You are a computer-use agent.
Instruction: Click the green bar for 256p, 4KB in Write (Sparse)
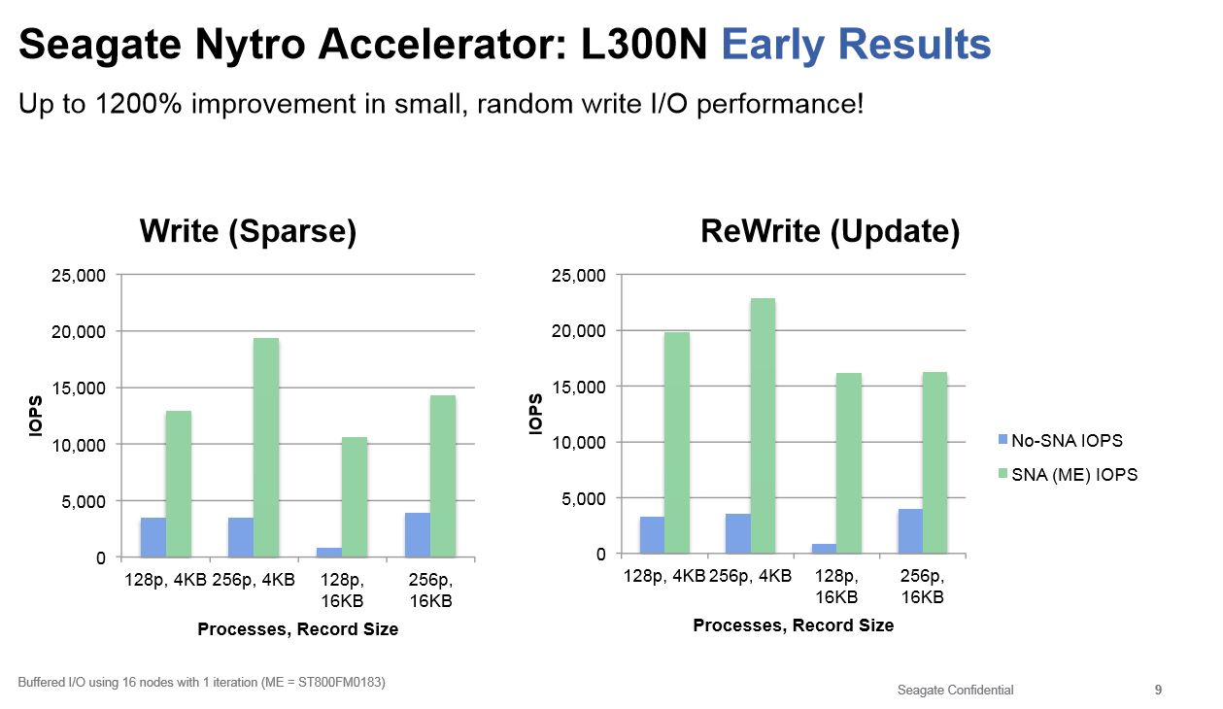point(266,447)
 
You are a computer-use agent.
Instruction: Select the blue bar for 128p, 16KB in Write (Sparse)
point(328,553)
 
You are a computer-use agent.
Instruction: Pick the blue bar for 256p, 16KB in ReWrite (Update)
point(910,531)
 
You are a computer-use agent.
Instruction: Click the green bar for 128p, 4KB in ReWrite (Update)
point(677,443)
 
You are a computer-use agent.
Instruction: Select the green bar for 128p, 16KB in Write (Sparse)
point(354,497)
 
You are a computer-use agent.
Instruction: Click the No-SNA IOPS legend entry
point(1067,440)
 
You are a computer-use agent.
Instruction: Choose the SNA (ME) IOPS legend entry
point(1073,475)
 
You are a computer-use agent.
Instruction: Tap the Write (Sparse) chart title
point(248,231)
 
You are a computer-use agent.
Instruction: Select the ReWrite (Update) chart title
point(830,231)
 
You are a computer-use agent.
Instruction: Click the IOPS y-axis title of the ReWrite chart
point(535,414)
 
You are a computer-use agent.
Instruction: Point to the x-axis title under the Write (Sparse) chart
point(297,629)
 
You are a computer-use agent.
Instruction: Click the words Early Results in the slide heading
point(856,45)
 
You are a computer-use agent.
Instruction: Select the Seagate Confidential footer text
point(955,690)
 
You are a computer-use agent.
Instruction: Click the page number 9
point(1158,690)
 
